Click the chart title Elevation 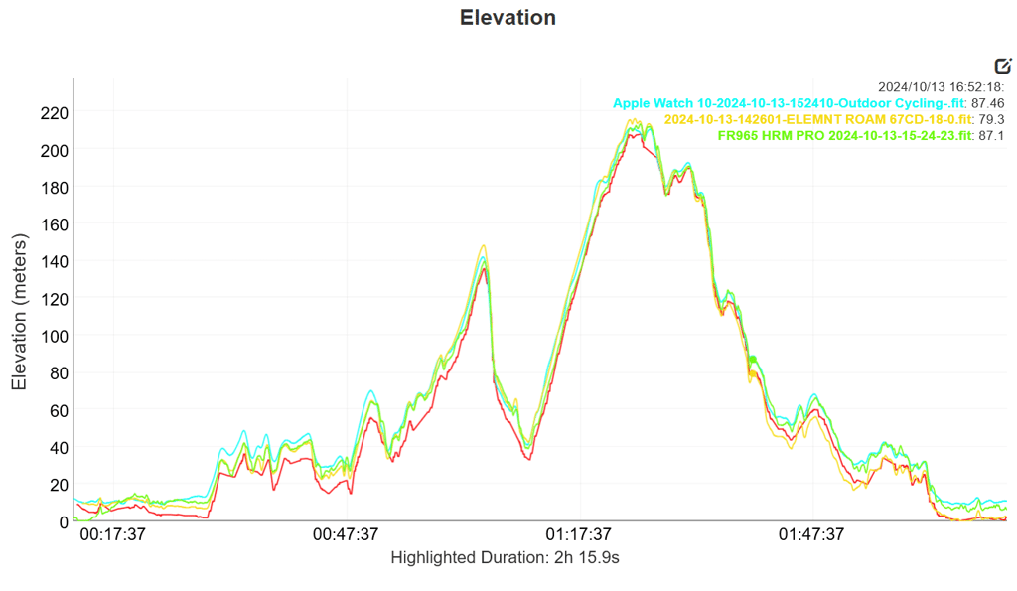pyautogui.click(x=508, y=18)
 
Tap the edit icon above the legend pyautogui.click(x=1002, y=66)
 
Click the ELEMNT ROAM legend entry pyautogui.click(x=805, y=119)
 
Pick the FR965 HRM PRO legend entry pyautogui.click(x=844, y=136)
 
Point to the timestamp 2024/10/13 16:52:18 pyautogui.click(x=942, y=87)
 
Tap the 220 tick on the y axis pyautogui.click(x=53, y=112)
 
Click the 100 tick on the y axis pyautogui.click(x=53, y=336)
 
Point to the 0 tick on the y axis pyautogui.click(x=63, y=521)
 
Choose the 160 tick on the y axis pyautogui.click(x=53, y=223)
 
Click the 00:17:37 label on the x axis pyautogui.click(x=112, y=534)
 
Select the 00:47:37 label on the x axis pyautogui.click(x=346, y=534)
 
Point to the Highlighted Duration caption pyautogui.click(x=506, y=558)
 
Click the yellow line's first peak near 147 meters pyautogui.click(x=484, y=246)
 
